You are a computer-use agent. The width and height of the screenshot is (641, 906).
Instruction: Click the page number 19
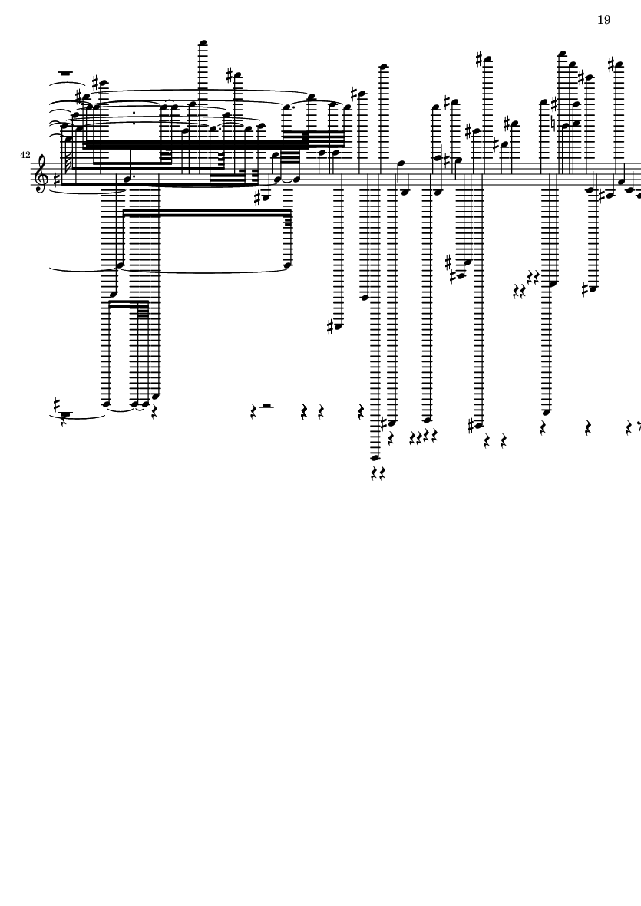click(x=603, y=20)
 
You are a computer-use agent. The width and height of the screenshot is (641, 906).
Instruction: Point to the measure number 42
click(x=25, y=155)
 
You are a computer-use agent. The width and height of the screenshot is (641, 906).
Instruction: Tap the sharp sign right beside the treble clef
click(x=56, y=180)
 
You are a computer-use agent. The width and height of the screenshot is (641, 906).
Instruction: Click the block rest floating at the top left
click(x=65, y=74)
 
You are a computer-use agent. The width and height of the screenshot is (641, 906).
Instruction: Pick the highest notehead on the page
click(x=203, y=43)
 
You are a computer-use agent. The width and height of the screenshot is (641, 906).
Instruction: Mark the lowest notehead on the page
click(x=375, y=458)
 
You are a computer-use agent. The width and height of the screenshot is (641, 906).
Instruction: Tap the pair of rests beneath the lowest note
click(x=378, y=474)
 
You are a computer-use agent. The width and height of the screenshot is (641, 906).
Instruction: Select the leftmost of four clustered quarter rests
click(x=412, y=439)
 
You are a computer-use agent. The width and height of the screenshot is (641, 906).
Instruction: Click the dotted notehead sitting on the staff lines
click(x=128, y=179)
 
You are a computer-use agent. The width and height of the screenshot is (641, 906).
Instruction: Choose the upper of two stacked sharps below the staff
click(x=448, y=263)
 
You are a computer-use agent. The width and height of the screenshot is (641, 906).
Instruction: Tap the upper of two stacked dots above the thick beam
click(x=134, y=114)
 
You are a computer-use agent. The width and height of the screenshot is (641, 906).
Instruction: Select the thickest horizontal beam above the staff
click(x=193, y=144)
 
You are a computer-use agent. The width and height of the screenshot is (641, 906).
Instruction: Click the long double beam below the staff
click(x=207, y=212)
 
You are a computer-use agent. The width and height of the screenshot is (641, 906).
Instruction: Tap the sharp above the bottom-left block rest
click(x=57, y=404)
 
